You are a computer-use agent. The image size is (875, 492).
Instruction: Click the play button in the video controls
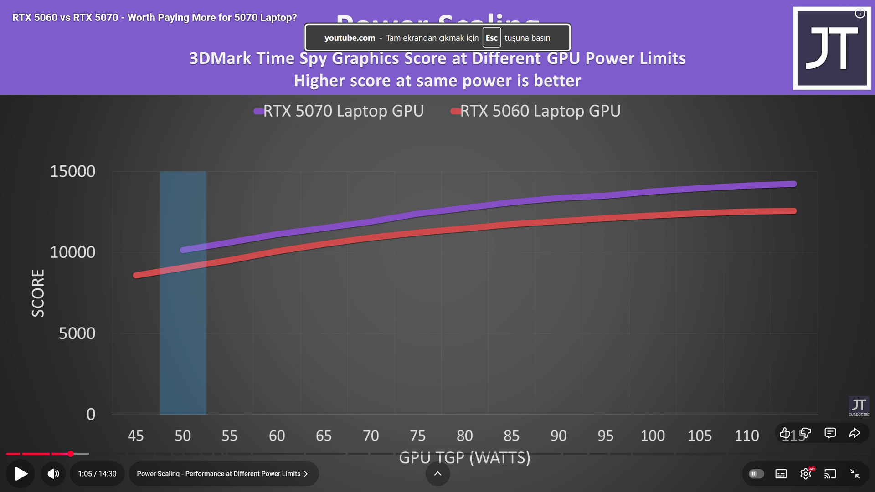(21, 474)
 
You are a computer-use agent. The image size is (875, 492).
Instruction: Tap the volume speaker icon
(53, 474)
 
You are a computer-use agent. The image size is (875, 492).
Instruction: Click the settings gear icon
(806, 474)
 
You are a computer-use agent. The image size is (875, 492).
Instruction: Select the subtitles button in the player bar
(781, 474)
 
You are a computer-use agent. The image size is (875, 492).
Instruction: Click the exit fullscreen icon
(855, 474)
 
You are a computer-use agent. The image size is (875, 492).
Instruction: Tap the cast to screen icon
(830, 474)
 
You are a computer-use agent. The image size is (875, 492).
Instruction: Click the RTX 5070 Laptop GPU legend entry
(339, 111)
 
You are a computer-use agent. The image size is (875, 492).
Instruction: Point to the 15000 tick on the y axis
(72, 172)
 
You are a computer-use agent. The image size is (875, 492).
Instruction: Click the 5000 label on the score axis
(77, 333)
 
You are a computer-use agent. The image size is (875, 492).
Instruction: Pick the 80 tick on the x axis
(464, 436)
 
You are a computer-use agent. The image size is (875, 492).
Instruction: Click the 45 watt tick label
(135, 436)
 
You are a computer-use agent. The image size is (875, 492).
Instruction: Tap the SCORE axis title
(38, 293)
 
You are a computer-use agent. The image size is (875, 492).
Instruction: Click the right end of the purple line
(794, 184)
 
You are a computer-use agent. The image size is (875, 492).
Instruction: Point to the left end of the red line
(136, 275)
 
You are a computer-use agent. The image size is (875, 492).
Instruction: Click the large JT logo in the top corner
(832, 48)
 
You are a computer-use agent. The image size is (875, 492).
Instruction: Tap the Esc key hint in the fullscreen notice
(491, 38)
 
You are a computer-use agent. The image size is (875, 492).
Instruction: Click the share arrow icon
(854, 433)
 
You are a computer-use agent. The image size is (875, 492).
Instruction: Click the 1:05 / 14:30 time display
(97, 474)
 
